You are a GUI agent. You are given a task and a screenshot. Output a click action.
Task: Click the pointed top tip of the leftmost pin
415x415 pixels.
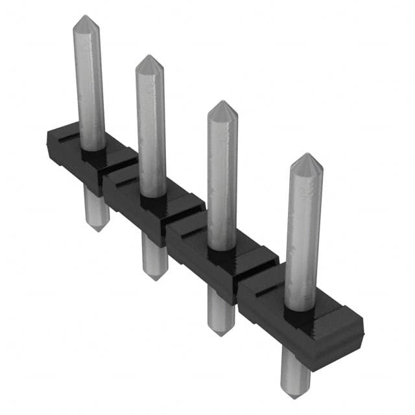click(x=85, y=18)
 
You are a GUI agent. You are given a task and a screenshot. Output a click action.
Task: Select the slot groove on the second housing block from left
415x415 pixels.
click(x=126, y=184)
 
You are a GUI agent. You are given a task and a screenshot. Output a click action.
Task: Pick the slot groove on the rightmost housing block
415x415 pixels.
click(x=268, y=292)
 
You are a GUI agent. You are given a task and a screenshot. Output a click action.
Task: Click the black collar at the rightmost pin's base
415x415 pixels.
click(x=300, y=317)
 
